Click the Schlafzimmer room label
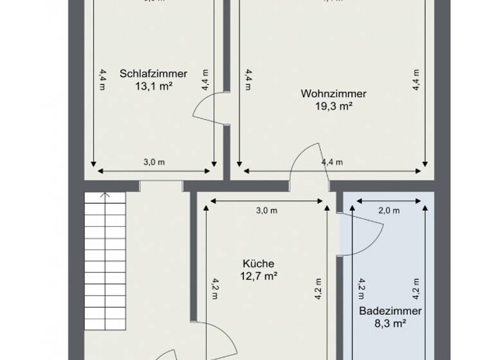[x=154, y=73]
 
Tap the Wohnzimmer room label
[x=329, y=94]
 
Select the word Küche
[x=259, y=264]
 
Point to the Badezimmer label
[x=390, y=311]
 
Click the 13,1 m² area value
[x=154, y=85]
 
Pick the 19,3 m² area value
[x=329, y=106]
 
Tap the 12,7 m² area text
[x=259, y=276]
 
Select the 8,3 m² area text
[x=390, y=323]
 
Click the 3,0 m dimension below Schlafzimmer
[x=154, y=163]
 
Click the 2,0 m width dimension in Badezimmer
[x=389, y=210]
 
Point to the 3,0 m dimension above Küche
[x=266, y=210]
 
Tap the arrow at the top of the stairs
[x=106, y=195]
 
